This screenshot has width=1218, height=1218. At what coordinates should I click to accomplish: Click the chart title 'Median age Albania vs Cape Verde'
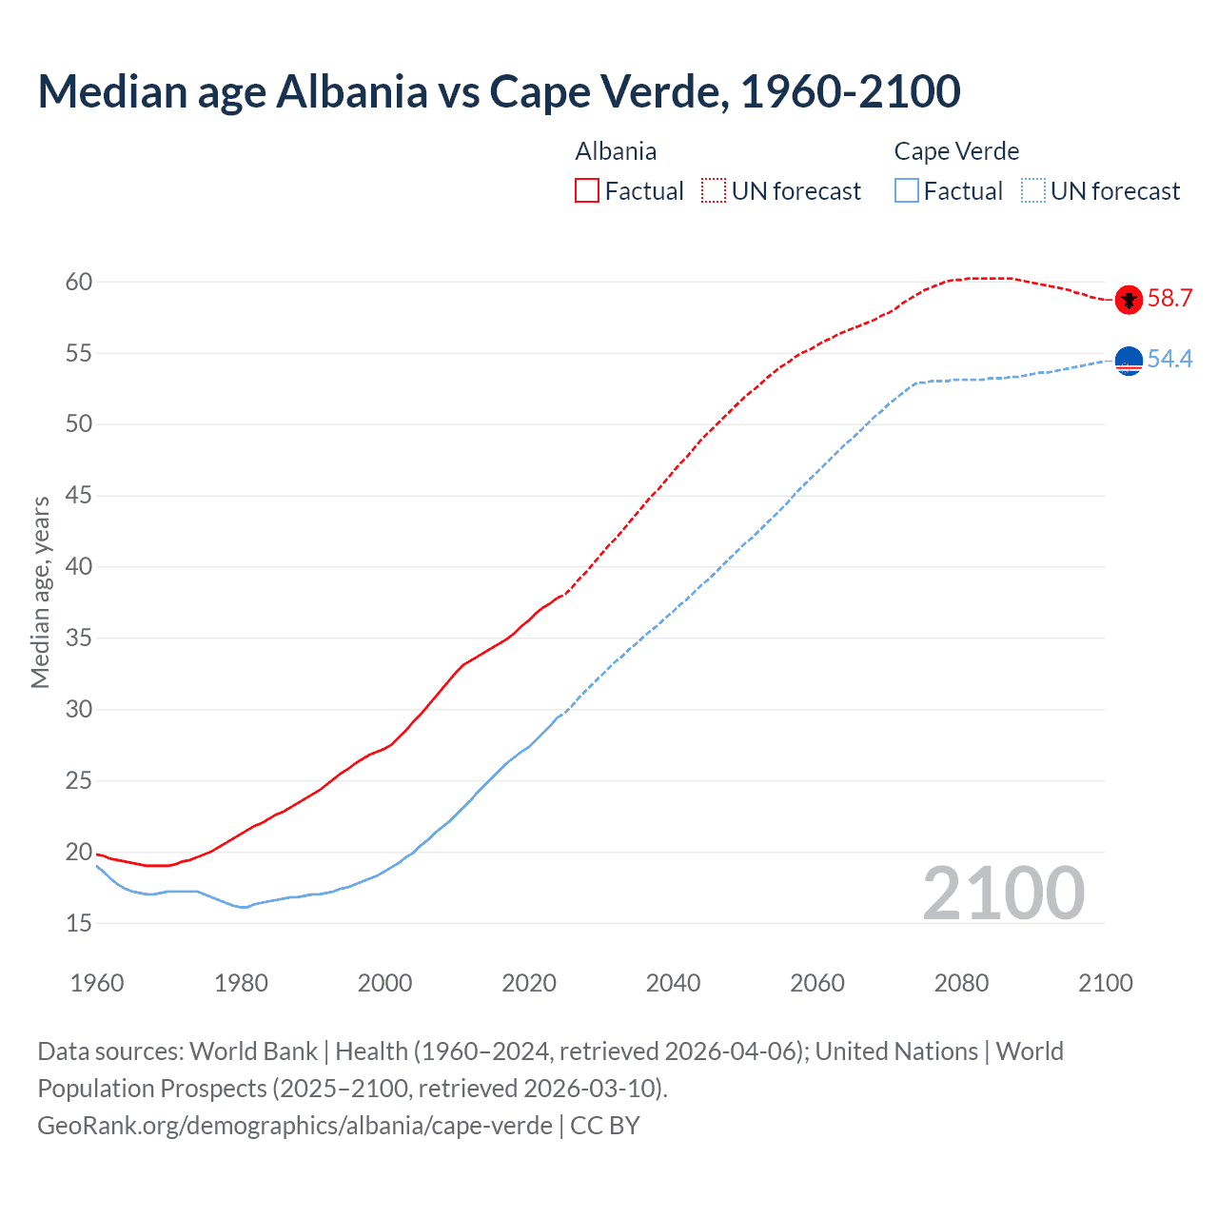click(499, 91)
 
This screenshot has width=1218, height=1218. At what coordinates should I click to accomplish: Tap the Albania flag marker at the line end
click(1129, 299)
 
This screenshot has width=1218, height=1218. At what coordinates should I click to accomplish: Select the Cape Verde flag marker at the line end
click(1129, 361)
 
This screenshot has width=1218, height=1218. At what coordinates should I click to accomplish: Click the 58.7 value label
click(1169, 299)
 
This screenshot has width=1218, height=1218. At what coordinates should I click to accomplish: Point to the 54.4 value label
click(1169, 360)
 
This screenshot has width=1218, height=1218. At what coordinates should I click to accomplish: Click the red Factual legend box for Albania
click(587, 190)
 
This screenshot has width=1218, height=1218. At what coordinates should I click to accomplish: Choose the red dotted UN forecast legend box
click(714, 190)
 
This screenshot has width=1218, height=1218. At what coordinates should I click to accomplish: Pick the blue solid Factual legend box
click(907, 190)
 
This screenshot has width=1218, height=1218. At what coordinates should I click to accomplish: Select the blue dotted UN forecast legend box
click(1032, 190)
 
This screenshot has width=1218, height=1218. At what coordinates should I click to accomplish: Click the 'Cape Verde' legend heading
click(956, 151)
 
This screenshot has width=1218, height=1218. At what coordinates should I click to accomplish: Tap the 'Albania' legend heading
click(616, 151)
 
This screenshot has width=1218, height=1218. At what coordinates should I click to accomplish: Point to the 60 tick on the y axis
click(79, 282)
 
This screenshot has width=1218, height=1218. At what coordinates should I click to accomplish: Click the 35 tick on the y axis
click(79, 638)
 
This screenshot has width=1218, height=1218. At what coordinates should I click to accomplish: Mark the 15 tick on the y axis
click(79, 923)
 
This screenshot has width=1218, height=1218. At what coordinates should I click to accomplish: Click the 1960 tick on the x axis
click(97, 983)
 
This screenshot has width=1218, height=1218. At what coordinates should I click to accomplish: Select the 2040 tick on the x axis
click(673, 983)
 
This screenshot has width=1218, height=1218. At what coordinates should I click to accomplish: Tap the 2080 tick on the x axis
click(961, 983)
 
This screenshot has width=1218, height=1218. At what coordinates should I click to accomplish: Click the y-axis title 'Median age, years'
click(40, 591)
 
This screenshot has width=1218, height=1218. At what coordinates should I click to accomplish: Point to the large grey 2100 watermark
click(1003, 893)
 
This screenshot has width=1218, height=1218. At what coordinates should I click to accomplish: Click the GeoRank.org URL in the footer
click(295, 1126)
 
